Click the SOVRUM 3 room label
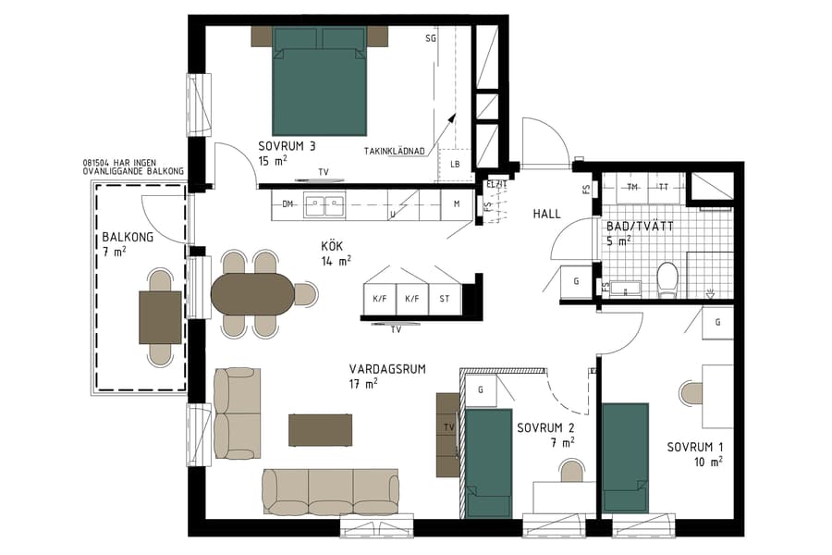tap(288, 145)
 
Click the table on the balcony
tap(160, 316)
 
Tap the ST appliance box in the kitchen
tap(444, 299)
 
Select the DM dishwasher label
tap(288, 203)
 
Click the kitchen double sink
tap(324, 204)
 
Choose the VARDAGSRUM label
tap(387, 368)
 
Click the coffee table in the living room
tap(320, 430)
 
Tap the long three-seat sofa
tap(330, 490)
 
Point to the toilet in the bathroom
tap(667, 279)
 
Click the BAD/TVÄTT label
tap(640, 226)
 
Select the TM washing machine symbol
tap(632, 187)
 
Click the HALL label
tap(546, 214)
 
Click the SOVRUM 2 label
tap(546, 428)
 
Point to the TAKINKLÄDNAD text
tap(395, 151)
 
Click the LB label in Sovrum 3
tap(455, 165)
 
